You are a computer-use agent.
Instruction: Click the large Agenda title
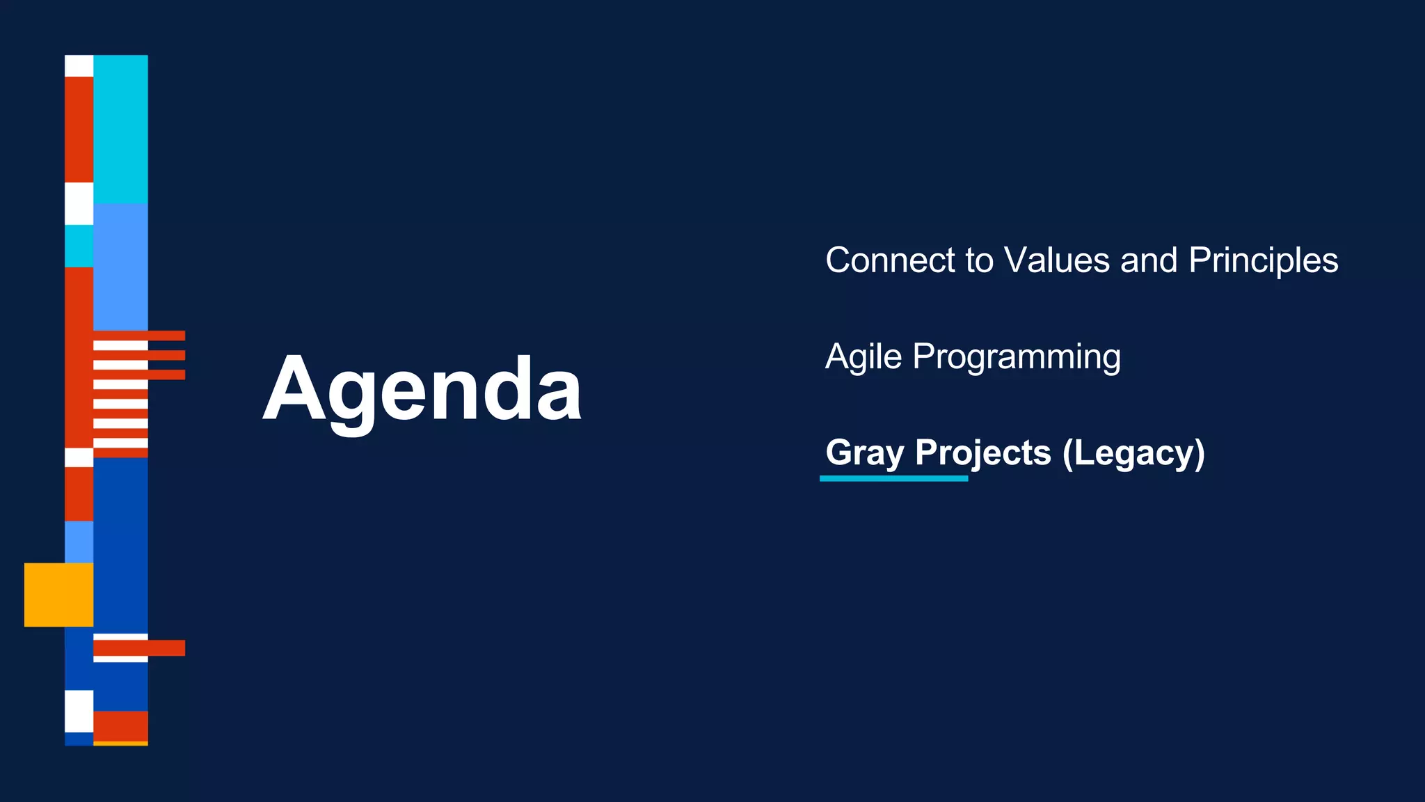coord(422,390)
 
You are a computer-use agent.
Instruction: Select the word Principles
coord(1263,260)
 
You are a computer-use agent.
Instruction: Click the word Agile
coord(863,357)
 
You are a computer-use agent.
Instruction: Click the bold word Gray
coord(864,453)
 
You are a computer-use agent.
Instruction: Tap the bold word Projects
coord(982,453)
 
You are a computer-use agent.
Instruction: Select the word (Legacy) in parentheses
coord(1133,453)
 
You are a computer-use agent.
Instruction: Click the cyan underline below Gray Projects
coord(893,478)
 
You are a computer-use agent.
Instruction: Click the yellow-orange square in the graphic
coord(58,595)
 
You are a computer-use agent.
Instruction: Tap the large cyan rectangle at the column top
coord(120,129)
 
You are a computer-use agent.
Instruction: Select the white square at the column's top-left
coord(79,66)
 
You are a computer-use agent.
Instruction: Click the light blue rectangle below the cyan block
coord(120,266)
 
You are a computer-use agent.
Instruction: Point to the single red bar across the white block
coord(139,647)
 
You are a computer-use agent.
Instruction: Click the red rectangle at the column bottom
coord(120,726)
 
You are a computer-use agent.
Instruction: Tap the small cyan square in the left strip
coord(79,246)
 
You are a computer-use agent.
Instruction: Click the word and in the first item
coord(1148,260)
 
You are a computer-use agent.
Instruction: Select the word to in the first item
coord(979,260)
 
